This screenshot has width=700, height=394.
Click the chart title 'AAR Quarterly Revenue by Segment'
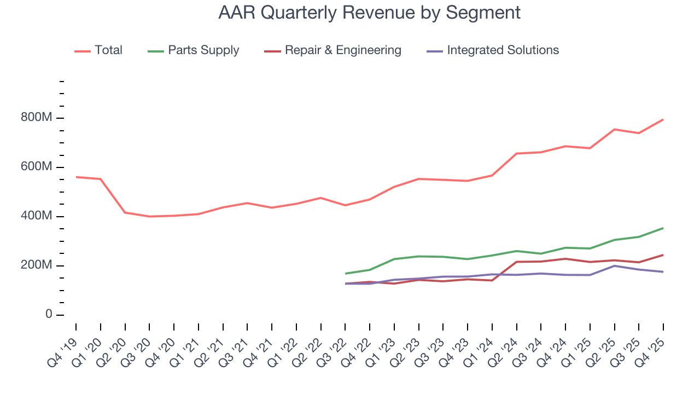(x=369, y=12)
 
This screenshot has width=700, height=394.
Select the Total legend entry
(x=108, y=50)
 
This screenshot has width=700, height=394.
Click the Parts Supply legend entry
(x=203, y=50)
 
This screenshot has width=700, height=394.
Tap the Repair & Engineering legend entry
(x=342, y=50)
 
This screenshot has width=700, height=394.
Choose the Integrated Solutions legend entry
(x=502, y=50)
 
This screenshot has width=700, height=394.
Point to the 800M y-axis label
(x=37, y=118)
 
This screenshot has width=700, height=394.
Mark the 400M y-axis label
(x=37, y=217)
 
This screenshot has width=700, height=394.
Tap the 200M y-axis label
(x=37, y=266)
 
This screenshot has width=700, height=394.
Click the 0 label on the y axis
(x=49, y=315)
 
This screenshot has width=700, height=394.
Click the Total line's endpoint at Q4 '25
(x=663, y=119)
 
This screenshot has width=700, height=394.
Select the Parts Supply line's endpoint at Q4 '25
(x=663, y=228)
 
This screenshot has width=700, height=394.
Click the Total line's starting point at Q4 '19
(x=76, y=177)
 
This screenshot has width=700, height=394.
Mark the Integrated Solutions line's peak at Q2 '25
(x=615, y=266)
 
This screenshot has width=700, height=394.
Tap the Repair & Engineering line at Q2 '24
(x=517, y=262)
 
